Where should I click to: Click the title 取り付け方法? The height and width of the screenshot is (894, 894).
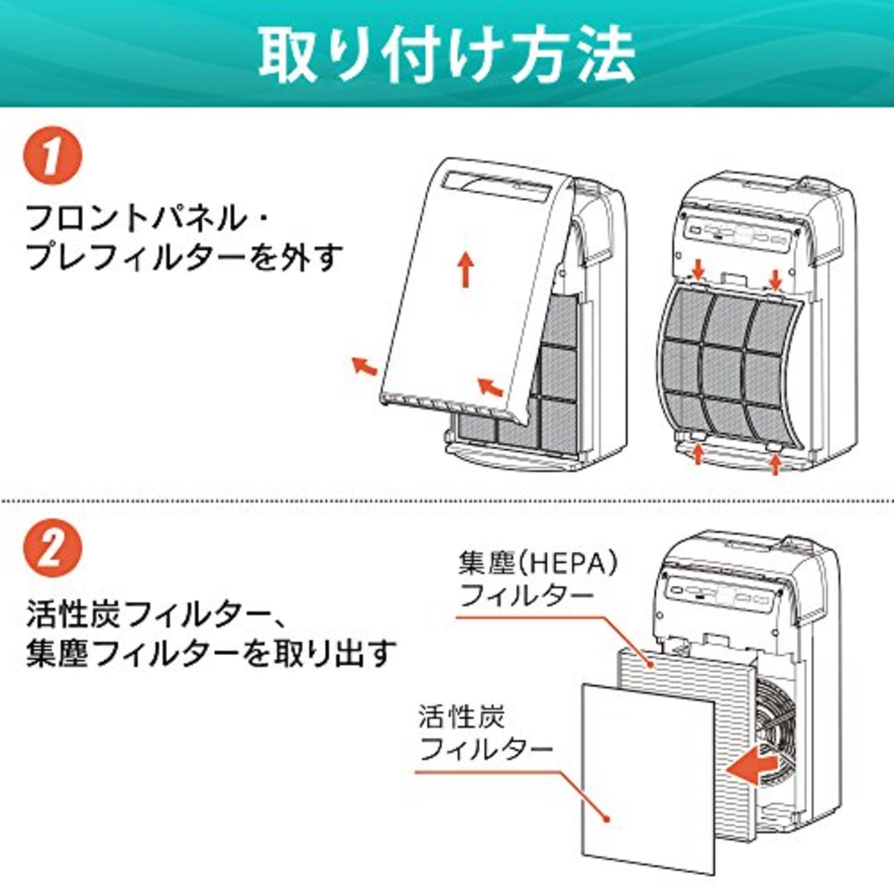point(446,54)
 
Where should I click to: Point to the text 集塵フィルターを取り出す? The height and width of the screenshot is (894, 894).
point(211,654)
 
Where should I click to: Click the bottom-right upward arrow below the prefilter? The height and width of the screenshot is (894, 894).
point(775,462)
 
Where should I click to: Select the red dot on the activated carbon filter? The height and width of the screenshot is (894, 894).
point(607,819)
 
